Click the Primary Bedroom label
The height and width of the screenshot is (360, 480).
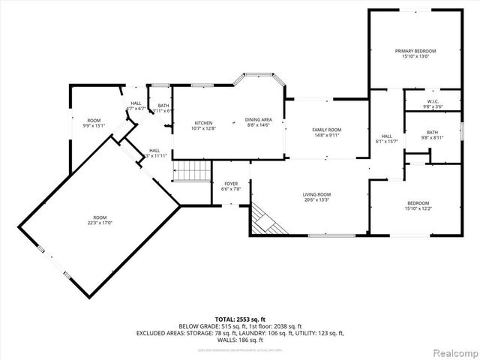click(415, 51)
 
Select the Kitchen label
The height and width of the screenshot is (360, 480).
click(204, 123)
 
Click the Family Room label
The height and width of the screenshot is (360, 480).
click(326, 130)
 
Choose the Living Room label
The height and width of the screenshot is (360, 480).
click(316, 194)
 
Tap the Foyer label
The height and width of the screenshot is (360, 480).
click(231, 184)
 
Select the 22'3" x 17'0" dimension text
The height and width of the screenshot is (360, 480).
click(100, 223)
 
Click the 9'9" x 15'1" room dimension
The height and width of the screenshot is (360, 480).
click(94, 126)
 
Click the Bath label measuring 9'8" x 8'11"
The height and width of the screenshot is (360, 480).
click(432, 132)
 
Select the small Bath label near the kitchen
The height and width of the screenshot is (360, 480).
click(163, 106)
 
